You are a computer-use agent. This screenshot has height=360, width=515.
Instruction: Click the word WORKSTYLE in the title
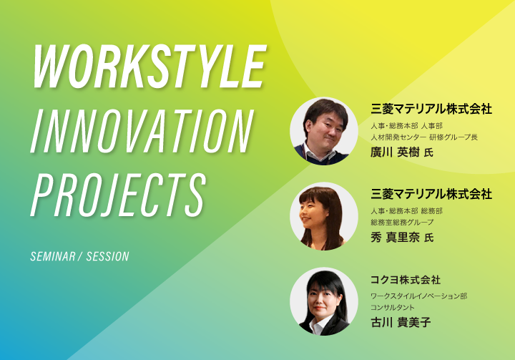[x=149, y=67]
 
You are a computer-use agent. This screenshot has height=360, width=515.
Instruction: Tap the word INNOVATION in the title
[x=142, y=132]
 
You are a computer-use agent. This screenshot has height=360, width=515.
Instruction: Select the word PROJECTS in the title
[x=118, y=195]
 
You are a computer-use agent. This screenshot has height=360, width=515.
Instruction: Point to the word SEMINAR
[x=52, y=256]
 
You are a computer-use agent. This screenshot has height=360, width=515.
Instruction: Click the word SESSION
[x=108, y=256]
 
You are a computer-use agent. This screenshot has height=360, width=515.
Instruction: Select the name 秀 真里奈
[x=395, y=237]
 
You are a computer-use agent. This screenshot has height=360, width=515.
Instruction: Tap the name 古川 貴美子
[x=401, y=322]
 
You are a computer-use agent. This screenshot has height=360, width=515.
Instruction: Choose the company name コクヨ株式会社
[x=406, y=280]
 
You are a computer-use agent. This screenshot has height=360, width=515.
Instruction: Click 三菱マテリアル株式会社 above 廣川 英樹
[x=431, y=109]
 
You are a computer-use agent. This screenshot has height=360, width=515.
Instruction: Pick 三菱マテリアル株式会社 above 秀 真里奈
[x=431, y=194]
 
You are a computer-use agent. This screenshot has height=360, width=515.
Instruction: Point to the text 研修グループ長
[x=453, y=137]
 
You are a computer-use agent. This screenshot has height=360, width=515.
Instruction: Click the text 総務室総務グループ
[x=402, y=223]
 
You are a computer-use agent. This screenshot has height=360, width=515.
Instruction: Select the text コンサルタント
[x=393, y=308]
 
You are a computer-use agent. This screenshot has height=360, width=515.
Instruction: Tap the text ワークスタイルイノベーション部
[x=418, y=296]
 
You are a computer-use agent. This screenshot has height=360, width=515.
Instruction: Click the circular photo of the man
[x=324, y=131]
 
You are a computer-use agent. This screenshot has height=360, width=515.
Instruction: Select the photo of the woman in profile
[x=324, y=216]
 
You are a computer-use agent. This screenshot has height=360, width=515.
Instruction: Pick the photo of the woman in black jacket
[x=324, y=301]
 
